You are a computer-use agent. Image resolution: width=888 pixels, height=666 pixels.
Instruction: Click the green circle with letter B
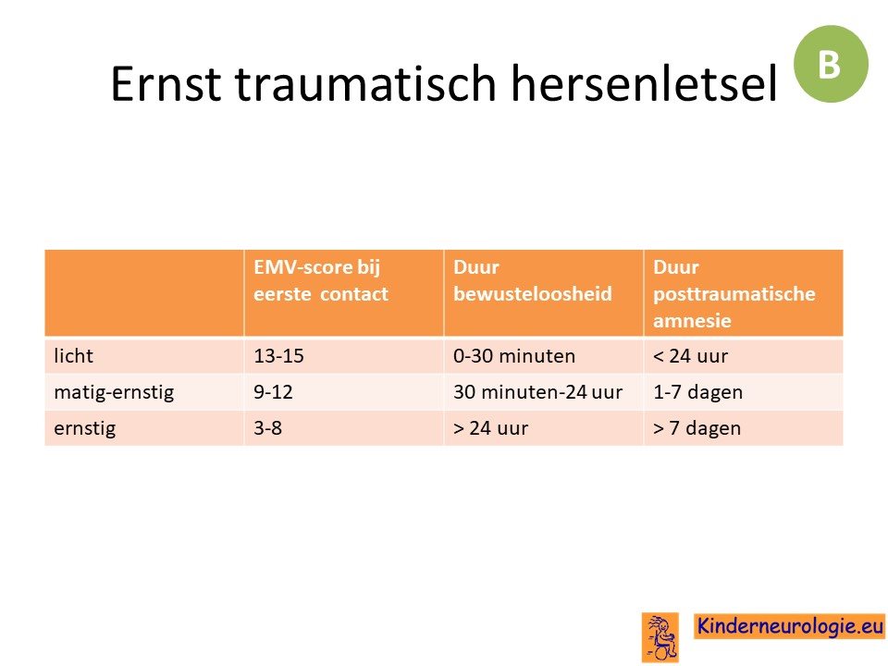pos(831,64)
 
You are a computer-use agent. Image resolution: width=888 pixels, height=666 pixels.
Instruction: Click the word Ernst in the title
pos(166,83)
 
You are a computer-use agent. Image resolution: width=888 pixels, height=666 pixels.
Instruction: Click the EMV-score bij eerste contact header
pos(321,280)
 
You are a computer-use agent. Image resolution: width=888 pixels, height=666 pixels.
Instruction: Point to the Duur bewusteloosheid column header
pos(533,280)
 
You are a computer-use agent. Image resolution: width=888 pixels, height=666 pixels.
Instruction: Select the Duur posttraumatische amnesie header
pos(734,294)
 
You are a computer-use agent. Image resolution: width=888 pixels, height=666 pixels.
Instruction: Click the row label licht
pos(73,355)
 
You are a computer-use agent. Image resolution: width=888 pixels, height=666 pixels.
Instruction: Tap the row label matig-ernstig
pos(114,392)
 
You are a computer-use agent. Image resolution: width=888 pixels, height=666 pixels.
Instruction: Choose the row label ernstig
pos(84,428)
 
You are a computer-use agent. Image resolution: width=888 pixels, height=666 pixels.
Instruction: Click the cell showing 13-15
pos(278,355)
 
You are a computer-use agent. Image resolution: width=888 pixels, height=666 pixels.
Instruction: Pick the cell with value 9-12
pos(273,392)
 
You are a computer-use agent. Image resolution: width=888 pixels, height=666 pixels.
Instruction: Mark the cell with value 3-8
pos(267,428)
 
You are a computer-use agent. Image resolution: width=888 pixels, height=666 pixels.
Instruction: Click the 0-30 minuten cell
pos(514,355)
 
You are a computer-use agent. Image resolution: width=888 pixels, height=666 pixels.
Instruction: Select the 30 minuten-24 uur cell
pos(538,392)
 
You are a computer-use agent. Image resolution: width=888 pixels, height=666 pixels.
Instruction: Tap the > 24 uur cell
pos(490,428)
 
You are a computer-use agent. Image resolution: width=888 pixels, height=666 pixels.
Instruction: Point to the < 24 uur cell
pos(690,355)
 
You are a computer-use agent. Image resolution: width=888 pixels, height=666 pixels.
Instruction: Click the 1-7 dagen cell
pos(697,392)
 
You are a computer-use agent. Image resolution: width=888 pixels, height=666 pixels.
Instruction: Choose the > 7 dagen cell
pos(697,428)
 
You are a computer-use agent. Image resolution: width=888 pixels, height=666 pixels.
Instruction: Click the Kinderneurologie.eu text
pos(789,626)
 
